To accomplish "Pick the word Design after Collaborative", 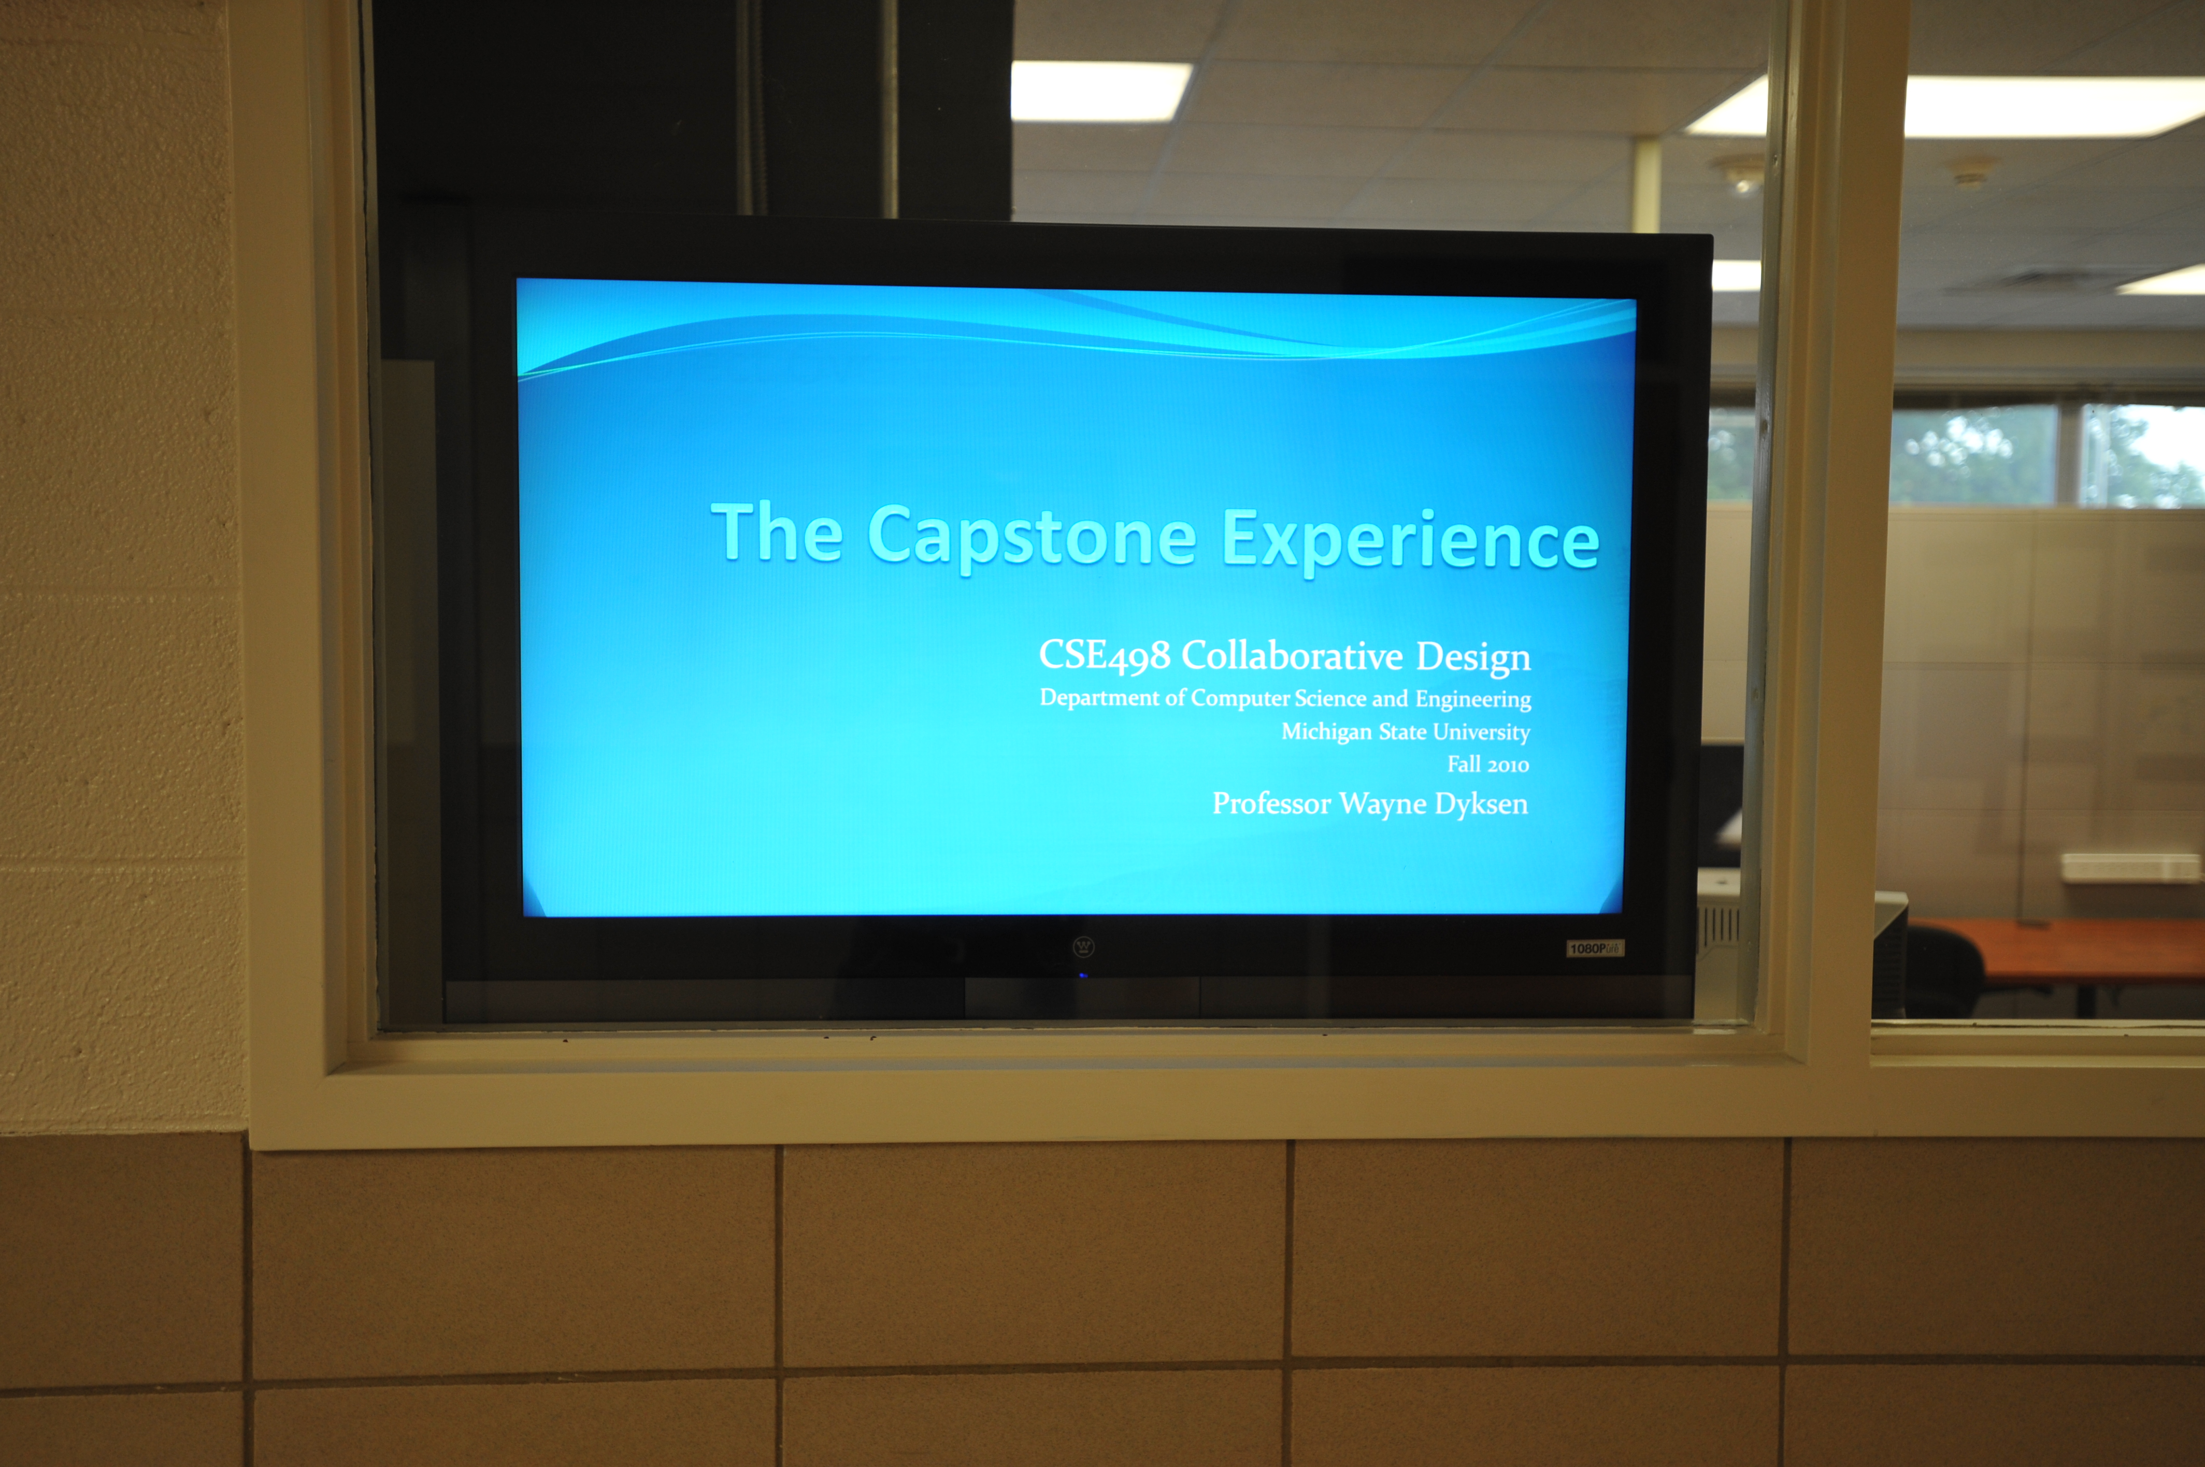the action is (1473, 658).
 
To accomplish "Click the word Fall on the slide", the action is (1464, 765).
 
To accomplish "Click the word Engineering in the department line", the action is (1473, 700).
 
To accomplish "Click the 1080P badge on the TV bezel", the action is (1595, 948).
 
